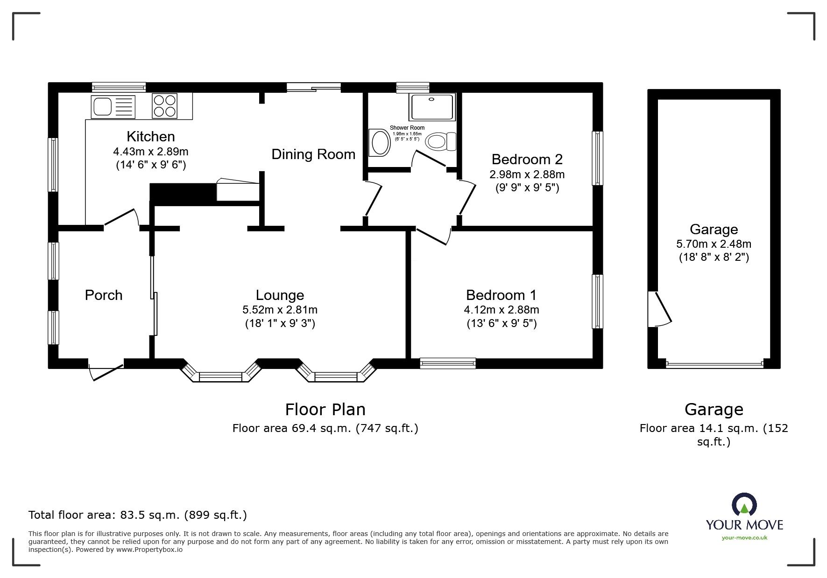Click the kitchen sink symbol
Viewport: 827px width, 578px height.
coord(113,106)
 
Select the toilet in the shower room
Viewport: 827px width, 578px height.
coord(441,141)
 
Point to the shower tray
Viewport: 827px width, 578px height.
coord(431,107)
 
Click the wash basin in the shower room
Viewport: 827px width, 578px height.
coord(380,143)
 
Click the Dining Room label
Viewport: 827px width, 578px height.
coord(313,154)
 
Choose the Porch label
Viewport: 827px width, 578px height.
coord(104,295)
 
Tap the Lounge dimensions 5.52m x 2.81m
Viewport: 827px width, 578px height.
coord(280,309)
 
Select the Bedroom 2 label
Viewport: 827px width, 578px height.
coord(527,159)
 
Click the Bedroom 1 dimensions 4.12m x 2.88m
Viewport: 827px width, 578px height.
coord(502,309)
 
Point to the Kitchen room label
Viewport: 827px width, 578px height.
coord(151,136)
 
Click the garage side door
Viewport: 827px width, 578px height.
coord(660,309)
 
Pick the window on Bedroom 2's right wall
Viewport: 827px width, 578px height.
coord(597,158)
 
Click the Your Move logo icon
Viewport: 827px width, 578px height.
coord(744,505)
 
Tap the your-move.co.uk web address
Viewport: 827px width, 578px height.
coord(744,538)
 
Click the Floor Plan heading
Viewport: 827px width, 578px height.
coord(325,409)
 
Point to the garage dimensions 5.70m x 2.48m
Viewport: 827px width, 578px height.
coord(714,244)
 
